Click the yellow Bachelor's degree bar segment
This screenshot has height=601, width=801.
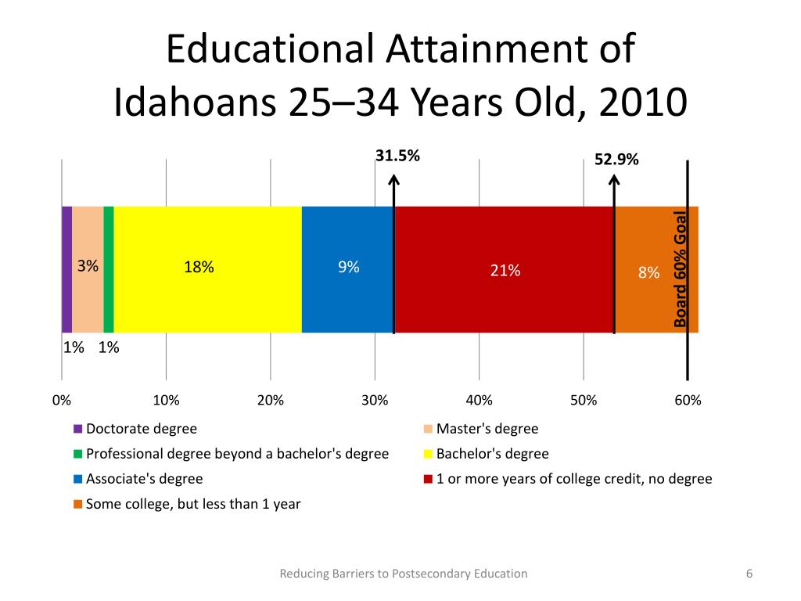click(x=207, y=269)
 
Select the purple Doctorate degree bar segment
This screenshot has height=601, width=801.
click(x=67, y=269)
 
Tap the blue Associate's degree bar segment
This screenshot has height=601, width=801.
click(x=348, y=269)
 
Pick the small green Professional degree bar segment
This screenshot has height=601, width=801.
click(x=108, y=269)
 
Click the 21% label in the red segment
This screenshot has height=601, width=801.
click(x=505, y=270)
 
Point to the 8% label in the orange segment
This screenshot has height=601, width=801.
click(x=648, y=272)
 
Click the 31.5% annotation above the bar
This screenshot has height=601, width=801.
click(x=397, y=156)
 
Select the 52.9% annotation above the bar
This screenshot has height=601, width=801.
click(x=616, y=160)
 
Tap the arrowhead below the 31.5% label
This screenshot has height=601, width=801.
click(x=393, y=179)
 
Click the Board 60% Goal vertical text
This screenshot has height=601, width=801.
click(x=680, y=269)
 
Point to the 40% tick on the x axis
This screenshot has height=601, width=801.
click(x=480, y=400)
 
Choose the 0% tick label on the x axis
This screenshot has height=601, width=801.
click(x=62, y=400)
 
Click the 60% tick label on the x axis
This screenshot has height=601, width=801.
click(x=688, y=400)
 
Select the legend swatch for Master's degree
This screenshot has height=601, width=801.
click(x=428, y=429)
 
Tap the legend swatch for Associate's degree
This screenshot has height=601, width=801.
click(x=77, y=480)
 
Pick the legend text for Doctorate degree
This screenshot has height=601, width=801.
click(x=142, y=429)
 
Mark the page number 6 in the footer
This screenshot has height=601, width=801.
click(x=749, y=574)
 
